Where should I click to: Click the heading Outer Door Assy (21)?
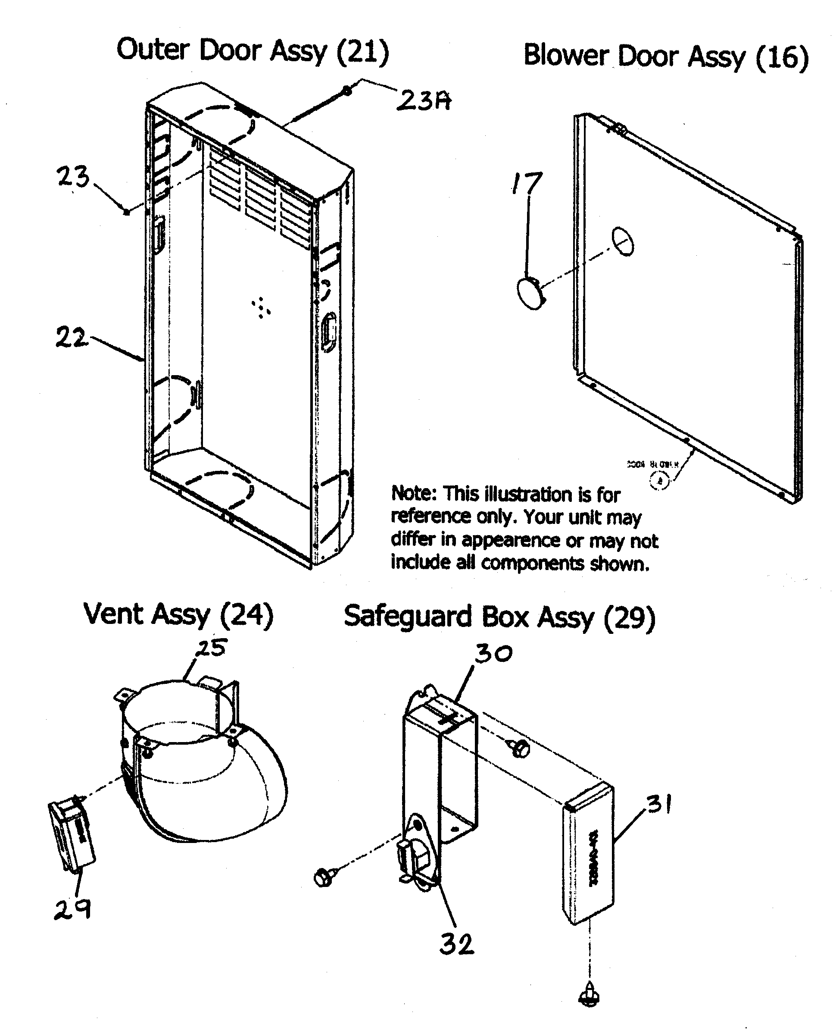click(253, 50)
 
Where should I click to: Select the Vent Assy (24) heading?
click(178, 615)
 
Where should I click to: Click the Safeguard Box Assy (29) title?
click(499, 617)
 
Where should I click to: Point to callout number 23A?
click(424, 101)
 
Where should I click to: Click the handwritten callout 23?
click(73, 176)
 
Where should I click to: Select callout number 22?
click(71, 337)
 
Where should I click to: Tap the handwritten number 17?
click(527, 184)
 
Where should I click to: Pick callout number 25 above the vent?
click(211, 648)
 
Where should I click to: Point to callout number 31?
click(659, 804)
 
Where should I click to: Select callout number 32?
click(456, 944)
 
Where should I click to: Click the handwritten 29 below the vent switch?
click(72, 910)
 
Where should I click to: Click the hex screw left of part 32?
click(324, 877)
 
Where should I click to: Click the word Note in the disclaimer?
click(413, 493)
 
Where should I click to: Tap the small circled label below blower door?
click(659, 480)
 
